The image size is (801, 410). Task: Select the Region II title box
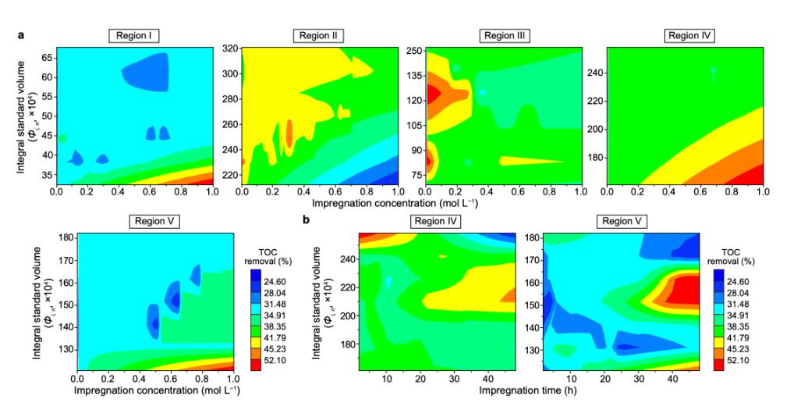coord(319,36)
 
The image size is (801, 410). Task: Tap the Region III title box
coord(504,36)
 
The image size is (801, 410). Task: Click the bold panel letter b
coord(307,221)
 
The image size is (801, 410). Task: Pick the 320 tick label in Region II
coord(229,48)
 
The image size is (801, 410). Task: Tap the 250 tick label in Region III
coord(413,51)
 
